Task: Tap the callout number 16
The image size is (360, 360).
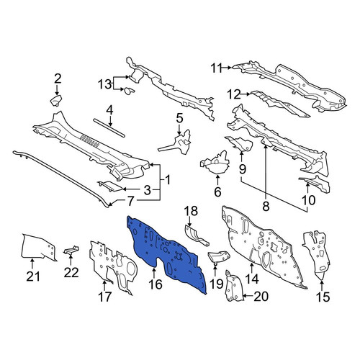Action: [156, 284]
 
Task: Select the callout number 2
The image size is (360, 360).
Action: [58, 78]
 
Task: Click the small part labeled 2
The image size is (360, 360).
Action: [56, 100]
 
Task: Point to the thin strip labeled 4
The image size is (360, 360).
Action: [109, 128]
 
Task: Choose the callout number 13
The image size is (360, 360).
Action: [105, 84]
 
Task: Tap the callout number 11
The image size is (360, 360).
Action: [217, 68]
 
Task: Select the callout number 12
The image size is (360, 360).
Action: [234, 94]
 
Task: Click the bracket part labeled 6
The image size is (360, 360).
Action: [215, 163]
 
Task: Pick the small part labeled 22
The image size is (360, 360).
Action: [71, 250]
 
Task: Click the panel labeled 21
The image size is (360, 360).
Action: [38, 247]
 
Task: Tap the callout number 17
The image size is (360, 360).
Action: [105, 297]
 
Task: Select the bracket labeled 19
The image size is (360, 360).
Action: [219, 257]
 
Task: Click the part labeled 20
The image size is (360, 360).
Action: [234, 286]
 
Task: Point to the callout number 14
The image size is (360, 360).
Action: [253, 279]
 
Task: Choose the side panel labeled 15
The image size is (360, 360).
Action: [317, 254]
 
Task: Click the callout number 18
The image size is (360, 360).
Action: [191, 211]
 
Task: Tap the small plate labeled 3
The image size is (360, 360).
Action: [110, 186]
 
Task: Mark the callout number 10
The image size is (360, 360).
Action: [308, 200]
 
